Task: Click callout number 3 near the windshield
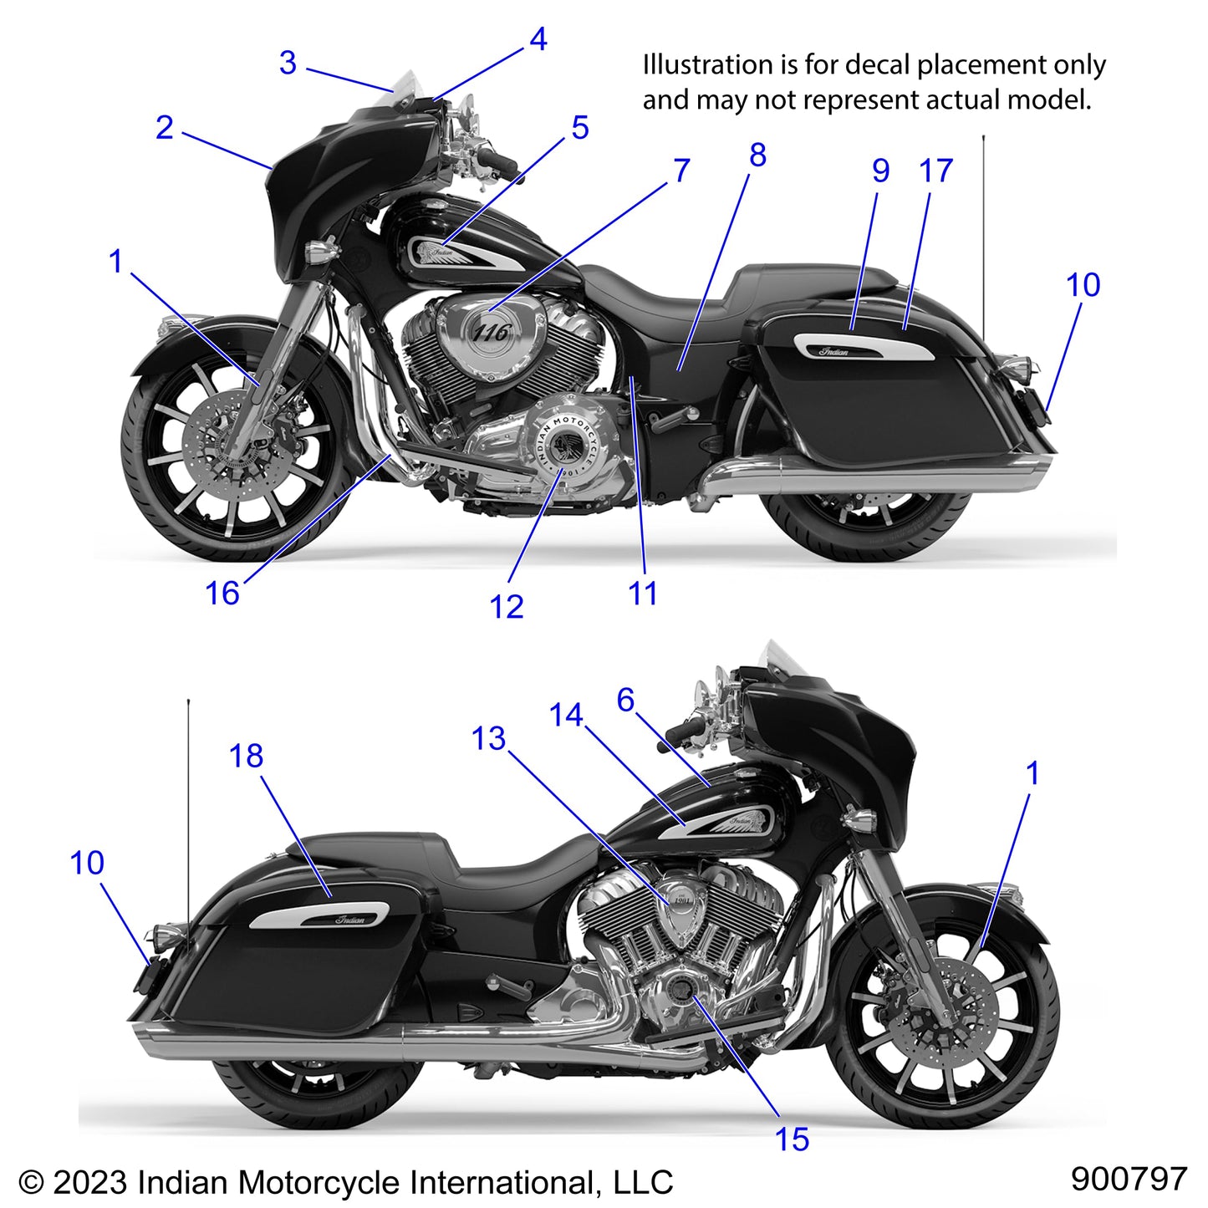(x=288, y=63)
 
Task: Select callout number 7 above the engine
(x=681, y=171)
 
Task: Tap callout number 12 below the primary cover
(x=507, y=606)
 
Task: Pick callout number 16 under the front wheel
(x=222, y=594)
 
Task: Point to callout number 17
(x=935, y=171)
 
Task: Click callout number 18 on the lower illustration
(x=246, y=756)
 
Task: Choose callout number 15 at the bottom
(x=792, y=1139)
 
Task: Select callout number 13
(x=488, y=738)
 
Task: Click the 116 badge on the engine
(x=491, y=333)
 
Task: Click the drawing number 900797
(x=1129, y=1179)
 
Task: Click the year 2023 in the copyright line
(x=89, y=1182)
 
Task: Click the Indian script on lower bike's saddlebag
(x=350, y=920)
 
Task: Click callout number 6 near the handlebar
(x=625, y=700)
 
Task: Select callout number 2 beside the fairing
(x=165, y=128)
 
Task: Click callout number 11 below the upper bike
(x=642, y=594)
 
